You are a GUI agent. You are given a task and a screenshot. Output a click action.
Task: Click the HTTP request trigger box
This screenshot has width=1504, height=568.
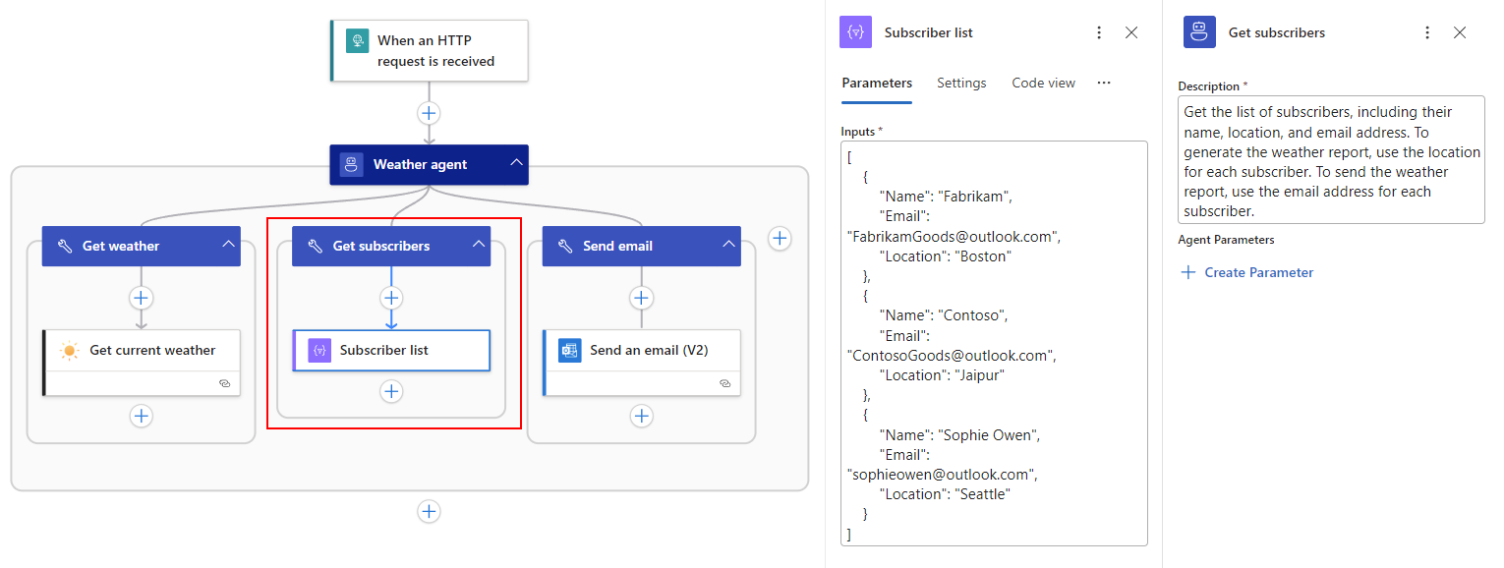(x=430, y=51)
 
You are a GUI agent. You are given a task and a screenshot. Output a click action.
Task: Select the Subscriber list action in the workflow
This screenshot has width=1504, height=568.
(x=391, y=350)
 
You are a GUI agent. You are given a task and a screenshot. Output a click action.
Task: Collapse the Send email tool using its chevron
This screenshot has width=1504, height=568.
(x=728, y=245)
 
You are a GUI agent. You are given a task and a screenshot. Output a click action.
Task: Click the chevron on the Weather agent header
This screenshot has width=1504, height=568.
(x=516, y=162)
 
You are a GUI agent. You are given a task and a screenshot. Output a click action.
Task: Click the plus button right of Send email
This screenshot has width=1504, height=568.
(x=780, y=239)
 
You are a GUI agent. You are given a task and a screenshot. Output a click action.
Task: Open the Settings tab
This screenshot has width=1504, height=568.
(x=961, y=83)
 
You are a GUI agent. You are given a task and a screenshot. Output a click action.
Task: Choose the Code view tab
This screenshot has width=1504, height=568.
(x=1043, y=83)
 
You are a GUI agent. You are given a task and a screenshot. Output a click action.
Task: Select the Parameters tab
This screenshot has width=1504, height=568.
(x=877, y=83)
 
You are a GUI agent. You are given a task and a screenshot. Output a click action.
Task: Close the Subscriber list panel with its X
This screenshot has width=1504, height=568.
(x=1131, y=32)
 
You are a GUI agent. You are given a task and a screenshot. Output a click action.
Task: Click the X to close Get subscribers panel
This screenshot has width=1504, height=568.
(x=1460, y=32)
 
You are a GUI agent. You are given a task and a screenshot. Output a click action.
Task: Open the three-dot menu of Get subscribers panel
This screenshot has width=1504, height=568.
(x=1427, y=32)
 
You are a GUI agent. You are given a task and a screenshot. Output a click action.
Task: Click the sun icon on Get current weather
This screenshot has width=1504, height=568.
(x=69, y=351)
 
